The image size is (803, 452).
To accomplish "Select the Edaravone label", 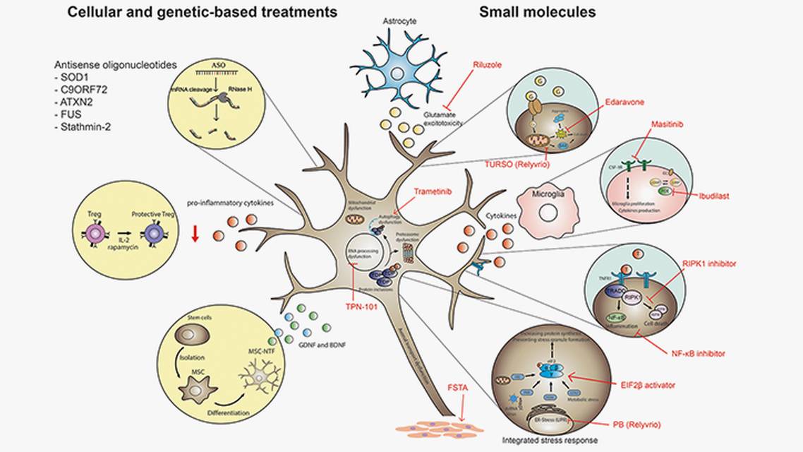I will [624, 102].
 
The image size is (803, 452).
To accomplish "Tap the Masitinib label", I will [668, 124].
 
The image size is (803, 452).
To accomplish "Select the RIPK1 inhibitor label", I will [709, 263].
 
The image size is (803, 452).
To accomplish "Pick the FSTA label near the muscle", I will [457, 387].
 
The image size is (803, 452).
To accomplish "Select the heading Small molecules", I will [537, 12].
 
